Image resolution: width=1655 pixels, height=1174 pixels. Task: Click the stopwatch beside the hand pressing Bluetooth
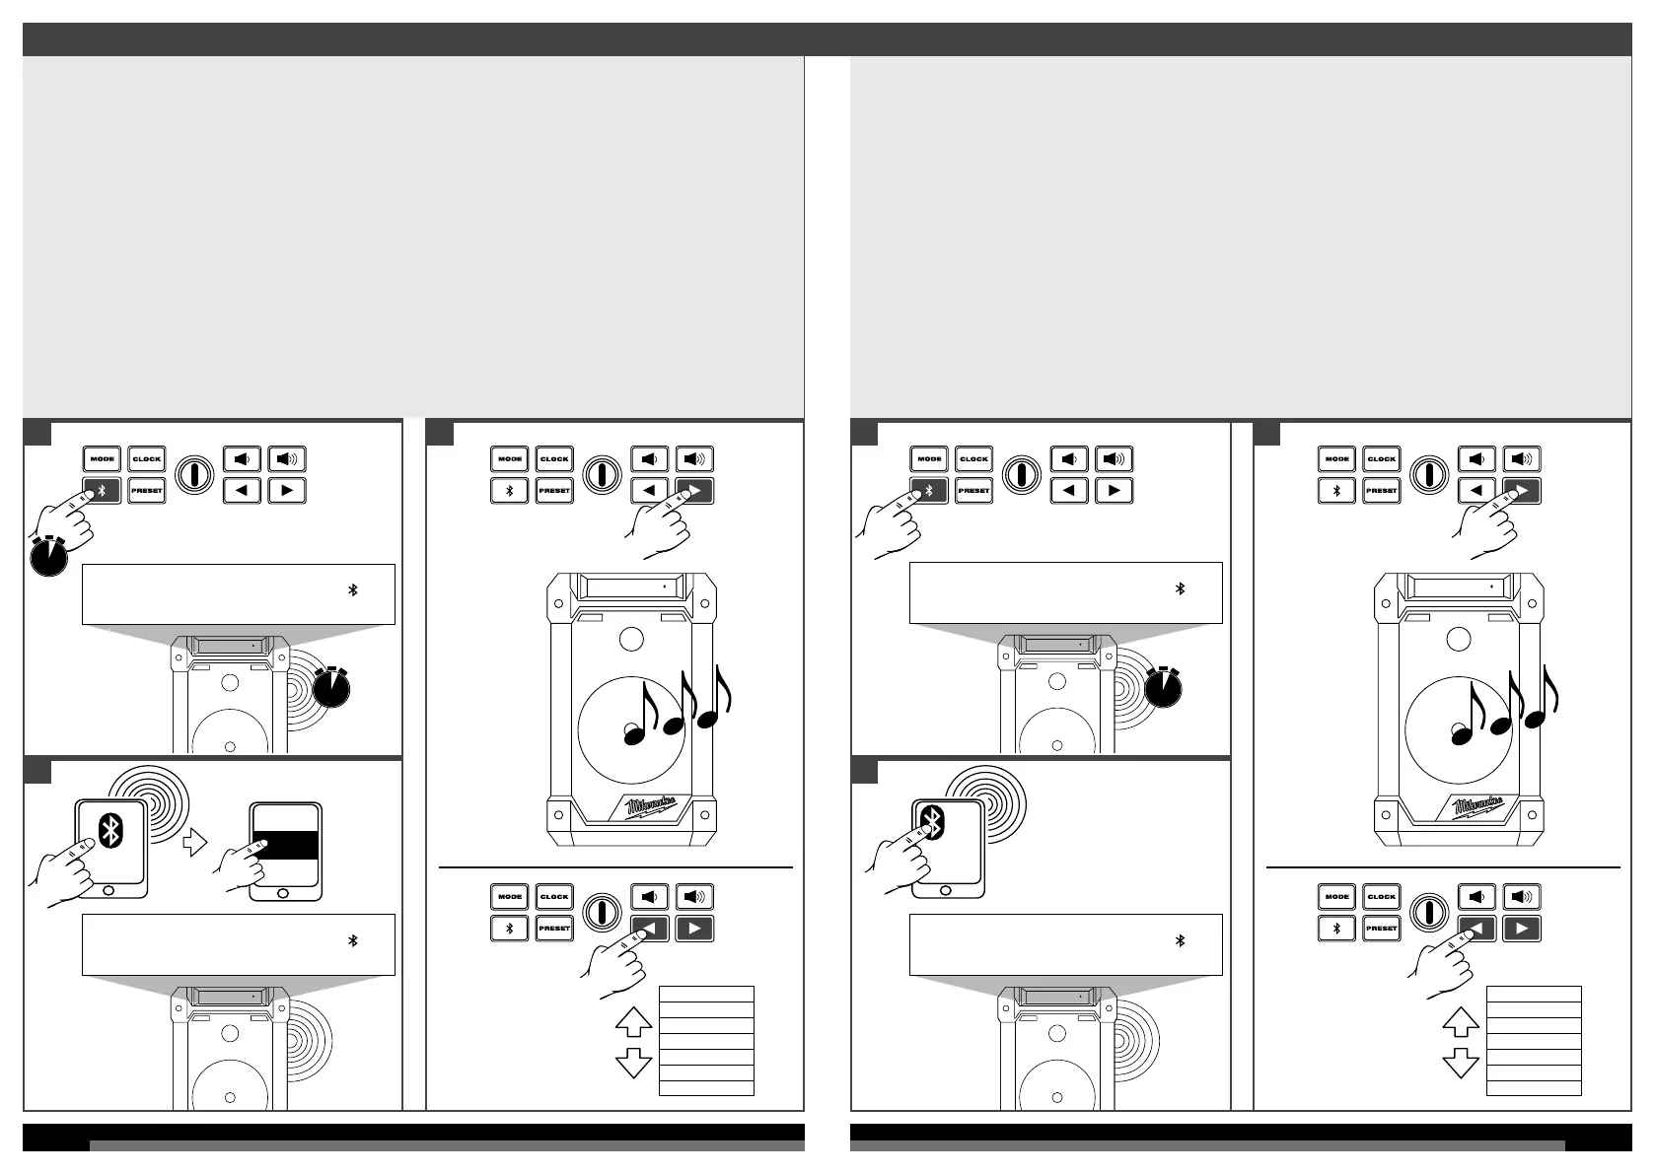pyautogui.click(x=48, y=558)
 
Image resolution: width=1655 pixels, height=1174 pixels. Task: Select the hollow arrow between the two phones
pyautogui.click(x=196, y=842)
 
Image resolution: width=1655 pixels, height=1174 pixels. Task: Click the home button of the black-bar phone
pyautogui.click(x=286, y=890)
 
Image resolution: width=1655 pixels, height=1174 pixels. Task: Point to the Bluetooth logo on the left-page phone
pyautogui.click(x=110, y=833)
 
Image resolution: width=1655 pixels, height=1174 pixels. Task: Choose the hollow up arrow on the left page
pyautogui.click(x=633, y=1021)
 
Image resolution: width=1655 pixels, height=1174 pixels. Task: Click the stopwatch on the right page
pyautogui.click(x=1166, y=687)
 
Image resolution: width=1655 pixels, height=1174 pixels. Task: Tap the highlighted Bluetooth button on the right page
pyautogui.click(x=928, y=490)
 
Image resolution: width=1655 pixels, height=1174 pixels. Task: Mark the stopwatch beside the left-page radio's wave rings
pyautogui.click(x=331, y=687)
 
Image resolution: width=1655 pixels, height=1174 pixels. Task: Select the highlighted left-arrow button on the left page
pyautogui.click(x=650, y=929)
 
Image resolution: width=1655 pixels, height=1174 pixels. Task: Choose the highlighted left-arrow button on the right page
pyautogui.click(x=1477, y=929)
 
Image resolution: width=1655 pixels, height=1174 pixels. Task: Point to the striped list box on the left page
pyautogui.click(x=706, y=1040)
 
